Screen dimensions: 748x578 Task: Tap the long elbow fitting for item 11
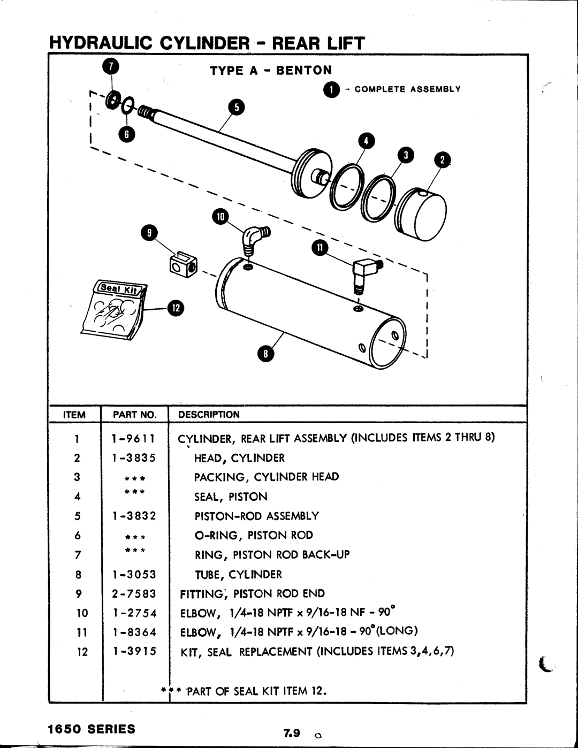[x=364, y=272]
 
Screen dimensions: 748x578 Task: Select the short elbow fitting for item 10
[x=254, y=239]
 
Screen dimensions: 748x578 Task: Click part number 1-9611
[x=134, y=438]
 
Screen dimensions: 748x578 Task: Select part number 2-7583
[x=134, y=593]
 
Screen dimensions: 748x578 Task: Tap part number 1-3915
[x=134, y=651]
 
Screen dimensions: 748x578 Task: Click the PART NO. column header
[x=134, y=415]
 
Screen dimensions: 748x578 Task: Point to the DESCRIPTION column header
[x=209, y=415]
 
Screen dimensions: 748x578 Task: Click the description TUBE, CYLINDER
[x=238, y=575]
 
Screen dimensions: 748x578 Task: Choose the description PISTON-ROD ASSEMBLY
[x=256, y=516]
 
